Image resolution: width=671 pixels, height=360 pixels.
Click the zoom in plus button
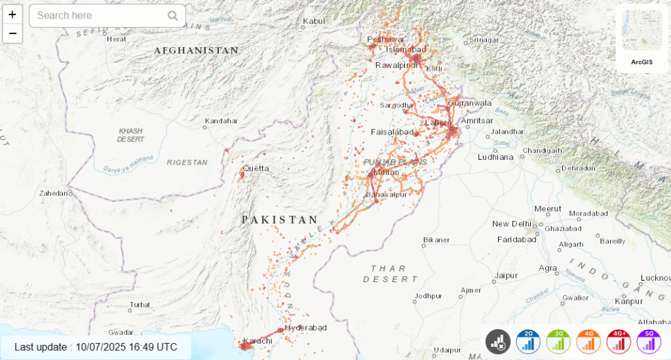[x=12, y=14]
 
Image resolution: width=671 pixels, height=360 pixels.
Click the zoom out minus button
[x=12, y=33]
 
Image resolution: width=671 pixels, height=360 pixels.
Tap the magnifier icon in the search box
[x=173, y=16]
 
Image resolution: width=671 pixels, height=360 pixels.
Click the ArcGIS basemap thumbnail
[x=642, y=35]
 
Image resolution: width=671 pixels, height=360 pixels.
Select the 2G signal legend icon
[x=528, y=342]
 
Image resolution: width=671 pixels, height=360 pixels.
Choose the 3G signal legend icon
[x=558, y=342]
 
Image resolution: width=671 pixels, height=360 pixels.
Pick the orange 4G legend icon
[x=588, y=342]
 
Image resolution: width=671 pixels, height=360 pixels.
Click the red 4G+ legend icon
[x=619, y=342]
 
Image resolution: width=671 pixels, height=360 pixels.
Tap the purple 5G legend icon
[x=649, y=342]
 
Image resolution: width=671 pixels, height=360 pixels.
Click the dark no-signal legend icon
[x=498, y=342]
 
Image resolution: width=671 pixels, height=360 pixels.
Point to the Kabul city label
[x=314, y=22]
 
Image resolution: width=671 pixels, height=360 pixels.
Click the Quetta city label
[x=256, y=169]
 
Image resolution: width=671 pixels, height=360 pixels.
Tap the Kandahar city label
[x=221, y=121]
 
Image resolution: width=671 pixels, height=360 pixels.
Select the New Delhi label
[x=510, y=224]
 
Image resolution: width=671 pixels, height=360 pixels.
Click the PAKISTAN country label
[x=280, y=220]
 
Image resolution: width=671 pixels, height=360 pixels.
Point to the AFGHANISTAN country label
[x=196, y=50]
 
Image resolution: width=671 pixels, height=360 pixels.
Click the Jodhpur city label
[x=429, y=296]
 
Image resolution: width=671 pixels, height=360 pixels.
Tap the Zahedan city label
[x=54, y=193]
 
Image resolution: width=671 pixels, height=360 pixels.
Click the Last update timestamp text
[x=96, y=347]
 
